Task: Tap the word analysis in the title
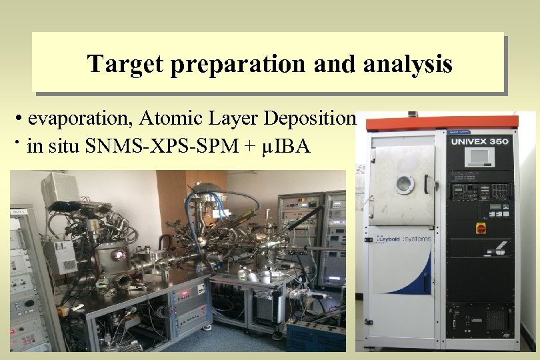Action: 409,64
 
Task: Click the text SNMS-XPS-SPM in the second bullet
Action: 165,146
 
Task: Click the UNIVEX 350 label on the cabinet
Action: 479,141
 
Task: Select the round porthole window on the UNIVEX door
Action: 405,184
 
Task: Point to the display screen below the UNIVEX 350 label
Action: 479,157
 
